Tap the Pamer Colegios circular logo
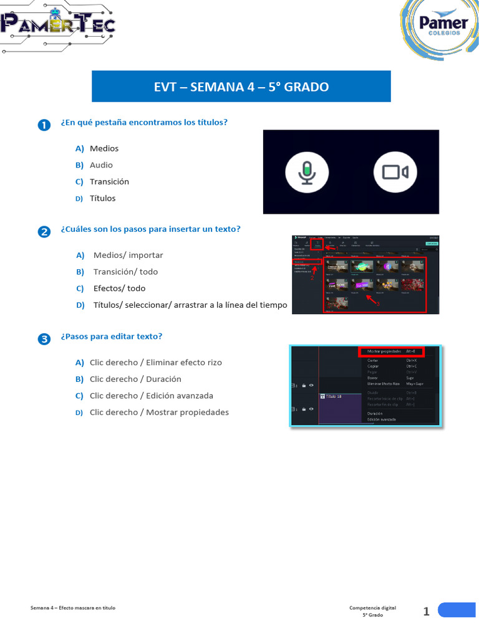[x=440, y=30]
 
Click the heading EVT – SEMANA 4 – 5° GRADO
[x=241, y=87]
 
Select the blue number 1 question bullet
[x=44, y=125]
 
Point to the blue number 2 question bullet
[x=44, y=232]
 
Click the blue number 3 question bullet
[x=44, y=339]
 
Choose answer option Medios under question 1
[x=104, y=148]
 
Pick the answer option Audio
[x=101, y=165]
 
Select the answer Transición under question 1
[x=109, y=182]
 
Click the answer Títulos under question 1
[x=102, y=199]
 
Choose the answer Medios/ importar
[x=128, y=255]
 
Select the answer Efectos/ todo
[x=119, y=289]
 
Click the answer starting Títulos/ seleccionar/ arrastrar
[x=190, y=305]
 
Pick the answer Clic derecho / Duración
[x=135, y=379]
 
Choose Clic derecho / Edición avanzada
[x=151, y=396]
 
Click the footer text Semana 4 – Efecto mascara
[x=73, y=608]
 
